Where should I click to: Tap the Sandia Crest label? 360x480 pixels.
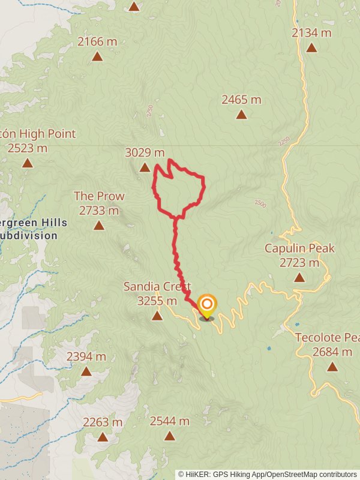[157, 293]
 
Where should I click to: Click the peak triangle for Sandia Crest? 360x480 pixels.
[157, 316]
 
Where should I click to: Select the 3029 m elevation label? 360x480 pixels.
[145, 152]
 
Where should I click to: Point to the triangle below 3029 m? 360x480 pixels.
[145, 167]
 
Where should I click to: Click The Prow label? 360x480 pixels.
[99, 203]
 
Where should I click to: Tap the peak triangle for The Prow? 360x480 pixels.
[99, 226]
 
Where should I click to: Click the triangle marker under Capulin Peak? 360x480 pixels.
[299, 277]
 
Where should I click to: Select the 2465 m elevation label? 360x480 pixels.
[241, 100]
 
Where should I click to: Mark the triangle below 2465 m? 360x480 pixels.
[241, 115]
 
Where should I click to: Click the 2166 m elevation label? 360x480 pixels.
[97, 42]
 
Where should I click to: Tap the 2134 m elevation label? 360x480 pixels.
[311, 33]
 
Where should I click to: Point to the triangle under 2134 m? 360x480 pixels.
[311, 48]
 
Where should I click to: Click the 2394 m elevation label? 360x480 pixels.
[86, 356]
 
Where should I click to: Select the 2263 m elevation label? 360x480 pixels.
[103, 422]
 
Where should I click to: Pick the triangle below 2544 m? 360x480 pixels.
[170, 436]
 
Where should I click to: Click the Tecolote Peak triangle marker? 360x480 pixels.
[332, 366]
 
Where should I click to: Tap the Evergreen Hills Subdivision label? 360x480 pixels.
[33, 229]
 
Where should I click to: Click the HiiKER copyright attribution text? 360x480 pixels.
[268, 474]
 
